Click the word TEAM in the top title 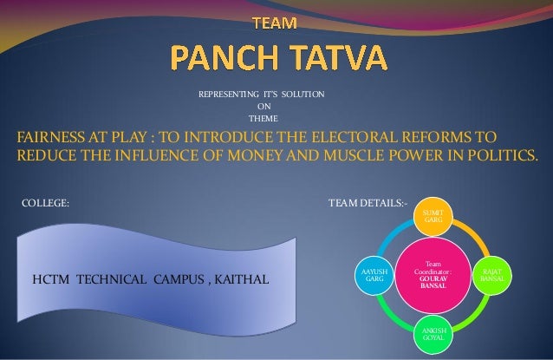coord(272,19)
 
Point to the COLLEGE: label coord(44,205)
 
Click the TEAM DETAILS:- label coord(367,205)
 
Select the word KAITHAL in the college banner coord(239,281)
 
